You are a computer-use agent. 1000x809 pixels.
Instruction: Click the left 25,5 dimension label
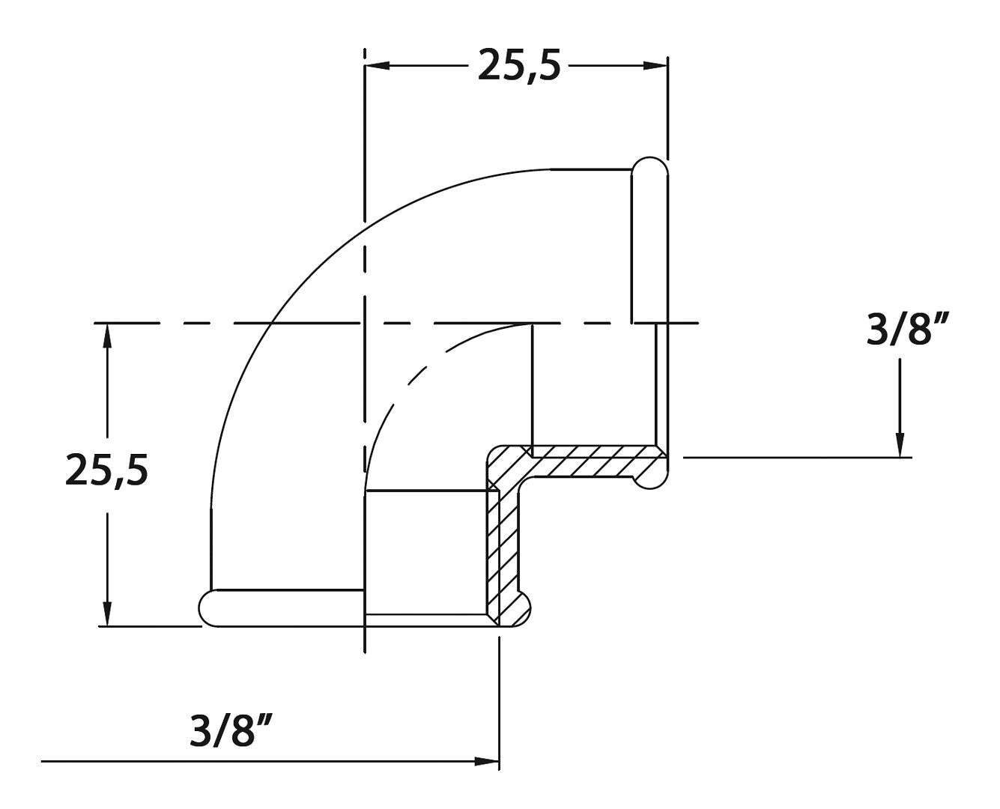106,469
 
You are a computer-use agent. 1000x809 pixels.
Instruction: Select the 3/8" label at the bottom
230,730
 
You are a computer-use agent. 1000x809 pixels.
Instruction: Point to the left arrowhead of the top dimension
378,66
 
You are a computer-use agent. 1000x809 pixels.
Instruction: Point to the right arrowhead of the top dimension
655,66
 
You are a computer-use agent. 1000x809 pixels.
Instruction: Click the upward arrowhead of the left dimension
108,336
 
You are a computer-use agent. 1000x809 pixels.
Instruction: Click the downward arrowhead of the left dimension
108,613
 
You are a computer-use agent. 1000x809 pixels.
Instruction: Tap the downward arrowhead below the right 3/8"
900,444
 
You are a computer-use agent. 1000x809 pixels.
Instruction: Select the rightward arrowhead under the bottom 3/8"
486,762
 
